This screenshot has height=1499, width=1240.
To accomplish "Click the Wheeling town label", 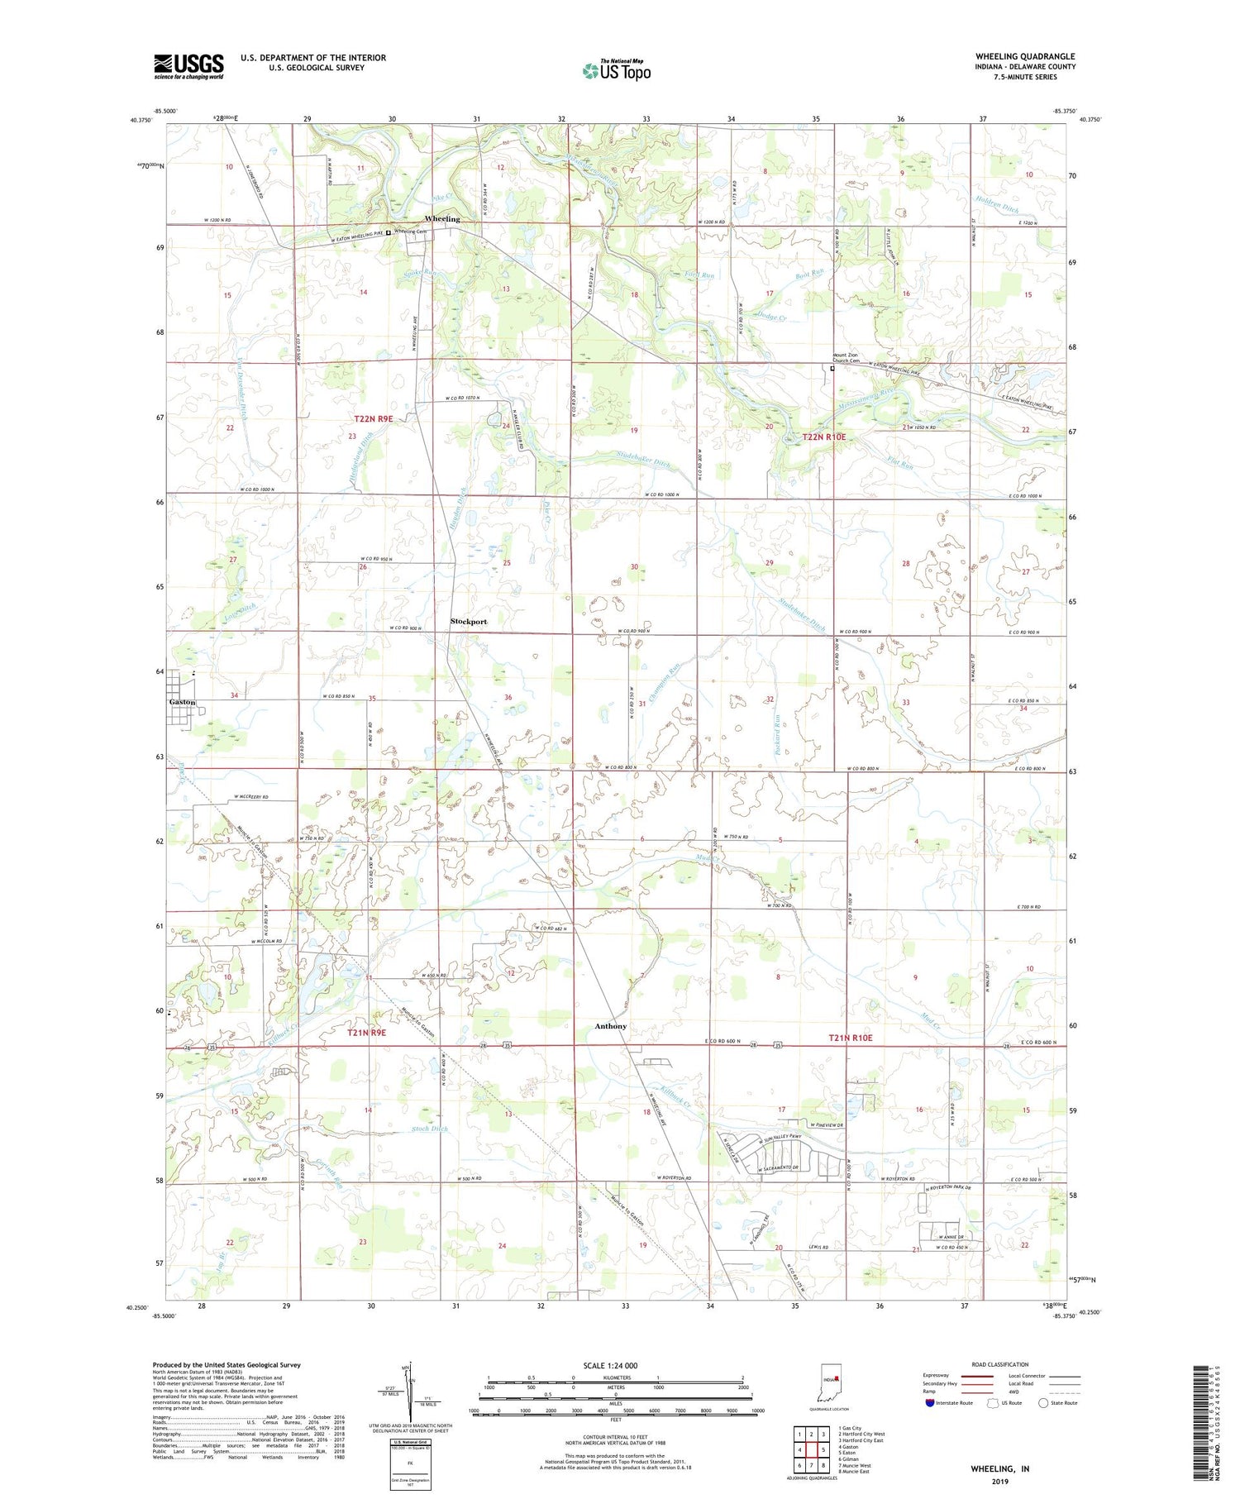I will point(441,218).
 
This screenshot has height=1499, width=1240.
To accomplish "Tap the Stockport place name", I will point(468,621).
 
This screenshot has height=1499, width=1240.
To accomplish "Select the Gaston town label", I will point(182,702).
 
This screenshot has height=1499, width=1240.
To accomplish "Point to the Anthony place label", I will point(610,1026).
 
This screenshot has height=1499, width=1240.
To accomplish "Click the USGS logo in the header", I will point(188,66).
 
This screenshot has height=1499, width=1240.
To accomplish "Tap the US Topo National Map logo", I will point(616,69).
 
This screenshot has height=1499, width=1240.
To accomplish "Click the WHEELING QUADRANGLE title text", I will point(1024,56).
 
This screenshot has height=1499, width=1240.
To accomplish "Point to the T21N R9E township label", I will point(365,1033).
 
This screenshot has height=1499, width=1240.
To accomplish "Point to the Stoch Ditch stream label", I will point(429,1129).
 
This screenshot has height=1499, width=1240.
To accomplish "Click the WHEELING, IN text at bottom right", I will point(999,1468).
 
